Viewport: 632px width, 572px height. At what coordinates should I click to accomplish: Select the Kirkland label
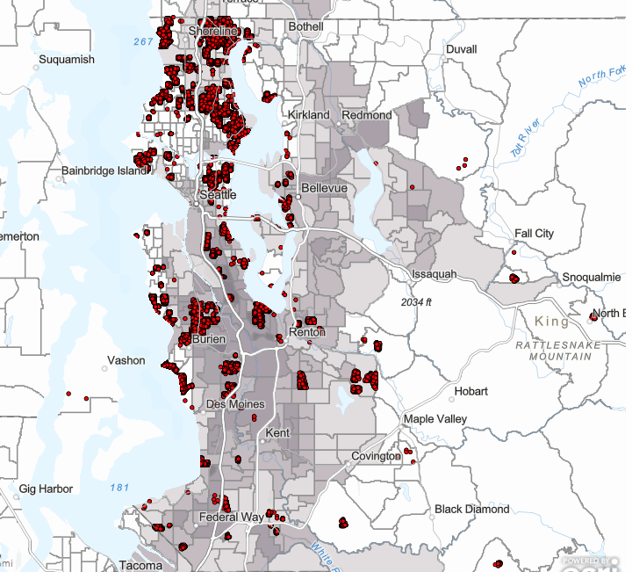[308, 115]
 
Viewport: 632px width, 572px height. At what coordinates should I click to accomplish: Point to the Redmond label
[367, 115]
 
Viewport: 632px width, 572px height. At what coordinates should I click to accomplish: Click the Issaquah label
[434, 275]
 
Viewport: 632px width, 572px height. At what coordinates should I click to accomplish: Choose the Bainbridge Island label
[104, 170]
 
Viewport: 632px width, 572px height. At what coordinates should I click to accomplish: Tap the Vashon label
[126, 360]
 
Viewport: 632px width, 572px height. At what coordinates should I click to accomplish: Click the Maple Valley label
[435, 419]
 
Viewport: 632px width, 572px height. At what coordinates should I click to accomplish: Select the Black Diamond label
[471, 510]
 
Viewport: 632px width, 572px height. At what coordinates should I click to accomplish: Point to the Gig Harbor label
[47, 489]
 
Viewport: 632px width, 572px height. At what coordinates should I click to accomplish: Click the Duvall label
[461, 50]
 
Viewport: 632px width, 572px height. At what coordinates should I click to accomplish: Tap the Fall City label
[534, 234]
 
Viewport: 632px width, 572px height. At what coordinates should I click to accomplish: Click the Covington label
[375, 456]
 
